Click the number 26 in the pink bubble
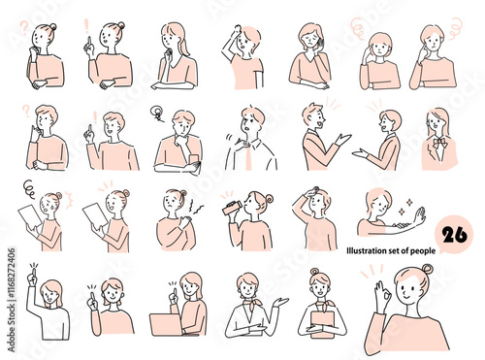(454, 235)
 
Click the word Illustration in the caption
(364, 250)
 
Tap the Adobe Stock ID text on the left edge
(12, 300)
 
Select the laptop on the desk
(165, 324)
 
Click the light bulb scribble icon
(157, 114)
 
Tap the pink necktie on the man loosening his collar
(248, 157)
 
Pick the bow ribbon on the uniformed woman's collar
(439, 143)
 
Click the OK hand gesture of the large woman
(382, 295)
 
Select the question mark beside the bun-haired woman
(24, 28)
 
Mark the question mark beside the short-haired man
(26, 111)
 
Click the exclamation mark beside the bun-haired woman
(86, 26)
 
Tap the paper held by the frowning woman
(30, 215)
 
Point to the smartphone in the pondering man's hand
(194, 161)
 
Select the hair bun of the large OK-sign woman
(427, 268)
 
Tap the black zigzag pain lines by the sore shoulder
(195, 207)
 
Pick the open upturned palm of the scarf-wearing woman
(280, 302)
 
